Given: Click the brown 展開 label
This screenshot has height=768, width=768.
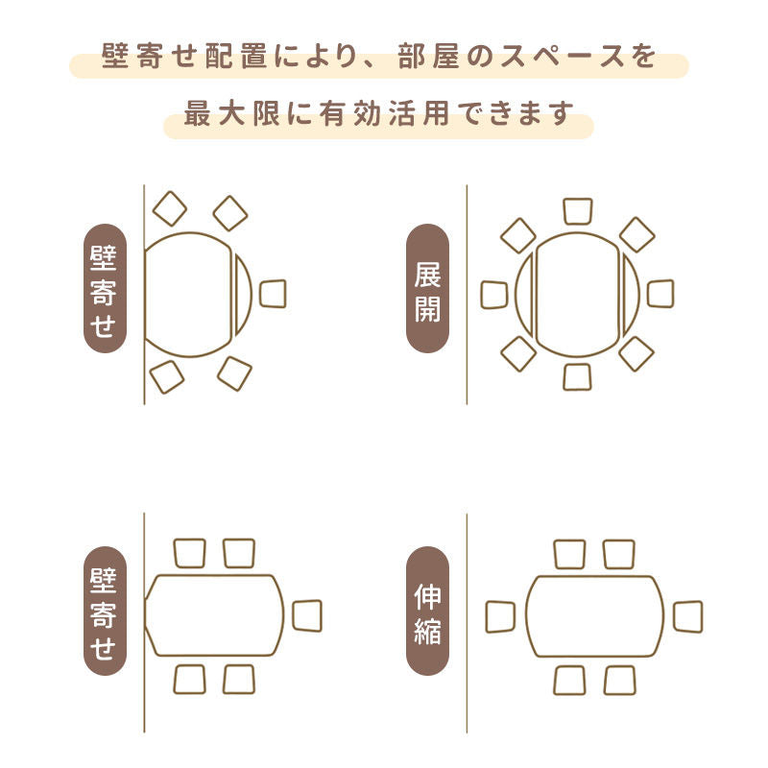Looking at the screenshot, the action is coord(427,289).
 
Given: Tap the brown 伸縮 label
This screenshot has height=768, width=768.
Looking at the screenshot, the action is coord(427,611).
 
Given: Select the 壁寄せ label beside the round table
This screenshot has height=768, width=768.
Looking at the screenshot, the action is coord(105,289).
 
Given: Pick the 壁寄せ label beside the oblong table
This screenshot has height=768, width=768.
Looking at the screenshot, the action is coord(105,611).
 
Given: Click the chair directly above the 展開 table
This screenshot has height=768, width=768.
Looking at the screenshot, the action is coord(578,211).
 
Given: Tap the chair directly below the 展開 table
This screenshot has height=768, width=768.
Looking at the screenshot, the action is coord(578,376).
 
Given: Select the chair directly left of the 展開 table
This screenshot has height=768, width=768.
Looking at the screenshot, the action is coord(494,295).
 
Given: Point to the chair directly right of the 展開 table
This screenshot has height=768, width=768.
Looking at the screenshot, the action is coord(660,294).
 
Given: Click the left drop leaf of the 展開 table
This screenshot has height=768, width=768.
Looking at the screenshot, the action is coord(524,295).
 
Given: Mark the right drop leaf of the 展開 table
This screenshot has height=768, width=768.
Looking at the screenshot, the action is coord(631,295).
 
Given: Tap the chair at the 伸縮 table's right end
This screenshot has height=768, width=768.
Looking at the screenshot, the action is coord(687,616).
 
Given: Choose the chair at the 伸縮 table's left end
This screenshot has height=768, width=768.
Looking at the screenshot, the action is coord(500,616).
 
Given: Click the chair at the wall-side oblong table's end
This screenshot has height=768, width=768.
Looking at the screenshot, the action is coord(307,615).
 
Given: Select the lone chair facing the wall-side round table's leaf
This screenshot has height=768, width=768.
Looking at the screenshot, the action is coord(273,294).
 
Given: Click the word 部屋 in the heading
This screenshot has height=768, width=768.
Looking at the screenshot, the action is coord(429,57).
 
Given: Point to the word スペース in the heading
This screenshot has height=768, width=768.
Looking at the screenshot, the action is coord(561,57).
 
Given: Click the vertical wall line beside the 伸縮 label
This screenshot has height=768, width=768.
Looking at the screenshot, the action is coord(467,623).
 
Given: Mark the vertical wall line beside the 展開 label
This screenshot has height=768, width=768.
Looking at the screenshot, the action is coord(467,295).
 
